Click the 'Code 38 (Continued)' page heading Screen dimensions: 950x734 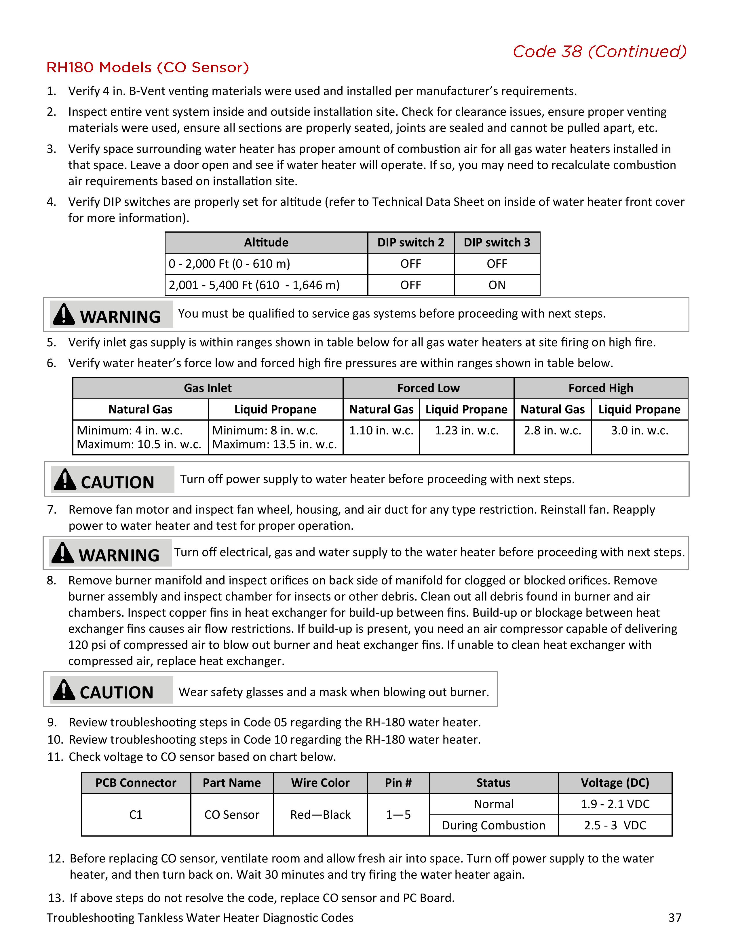coord(599,52)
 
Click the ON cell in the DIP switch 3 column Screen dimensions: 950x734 coord(497,285)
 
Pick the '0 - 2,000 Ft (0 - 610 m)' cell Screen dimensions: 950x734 coord(229,264)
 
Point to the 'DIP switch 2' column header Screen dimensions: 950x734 coord(410,242)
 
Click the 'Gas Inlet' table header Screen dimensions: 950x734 coord(208,388)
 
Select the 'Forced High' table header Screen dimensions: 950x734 coord(600,388)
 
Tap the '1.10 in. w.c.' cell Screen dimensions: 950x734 coord(381,431)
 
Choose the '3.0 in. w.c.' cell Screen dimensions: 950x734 coord(639,431)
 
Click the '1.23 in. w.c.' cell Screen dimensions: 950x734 coord(467,431)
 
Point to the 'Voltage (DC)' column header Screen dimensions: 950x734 coord(615,783)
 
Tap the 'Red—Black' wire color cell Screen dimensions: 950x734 coord(320,815)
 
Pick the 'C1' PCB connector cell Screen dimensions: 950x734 coord(136,815)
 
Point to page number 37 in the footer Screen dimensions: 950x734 coord(674,918)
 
